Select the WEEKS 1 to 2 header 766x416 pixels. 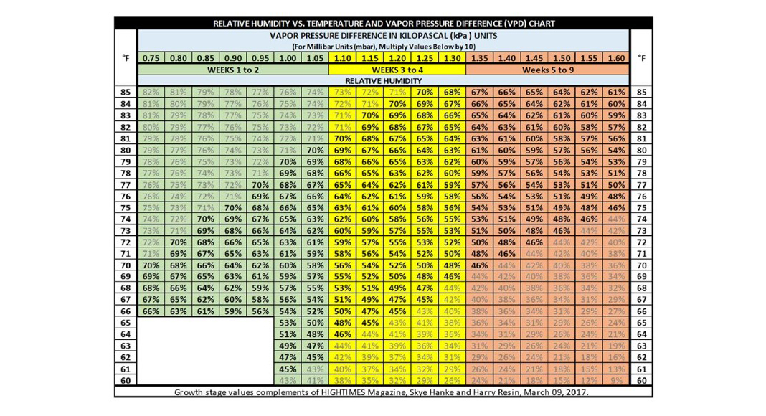233,70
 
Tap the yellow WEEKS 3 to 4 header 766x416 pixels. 397,70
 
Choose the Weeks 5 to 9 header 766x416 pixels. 548,70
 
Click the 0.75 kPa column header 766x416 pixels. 151,57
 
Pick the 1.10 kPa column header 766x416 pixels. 342,57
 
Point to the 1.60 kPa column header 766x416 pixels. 615,57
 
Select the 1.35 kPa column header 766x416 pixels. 479,57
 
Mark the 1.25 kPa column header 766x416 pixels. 425,57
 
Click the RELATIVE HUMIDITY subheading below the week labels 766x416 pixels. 384,81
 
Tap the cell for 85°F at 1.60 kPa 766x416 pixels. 615,92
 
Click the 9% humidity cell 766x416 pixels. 615,380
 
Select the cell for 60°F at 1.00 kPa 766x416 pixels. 288,380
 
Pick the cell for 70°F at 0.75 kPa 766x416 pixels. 151,265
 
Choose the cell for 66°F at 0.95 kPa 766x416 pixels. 260,311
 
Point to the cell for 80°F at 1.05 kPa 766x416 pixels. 315,150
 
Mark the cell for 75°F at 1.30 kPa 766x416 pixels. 452,207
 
